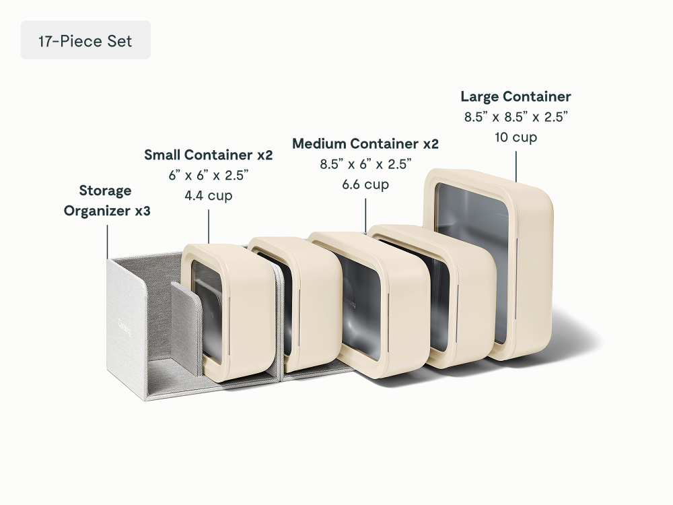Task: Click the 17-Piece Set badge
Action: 85,40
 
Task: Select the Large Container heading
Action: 516,96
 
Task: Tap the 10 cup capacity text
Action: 516,137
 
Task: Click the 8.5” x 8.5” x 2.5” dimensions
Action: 516,116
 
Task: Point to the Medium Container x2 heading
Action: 365,143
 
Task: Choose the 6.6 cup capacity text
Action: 365,184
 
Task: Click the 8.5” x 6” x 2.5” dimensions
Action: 365,164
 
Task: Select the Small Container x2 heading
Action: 209,155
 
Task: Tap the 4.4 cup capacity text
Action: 209,196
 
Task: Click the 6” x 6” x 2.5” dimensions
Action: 209,175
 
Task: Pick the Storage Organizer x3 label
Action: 107,201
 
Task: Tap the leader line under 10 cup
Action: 516,166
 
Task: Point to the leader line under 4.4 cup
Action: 209,227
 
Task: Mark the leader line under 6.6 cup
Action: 365,215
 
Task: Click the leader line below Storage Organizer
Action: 107,242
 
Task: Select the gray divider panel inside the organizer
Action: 186,327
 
